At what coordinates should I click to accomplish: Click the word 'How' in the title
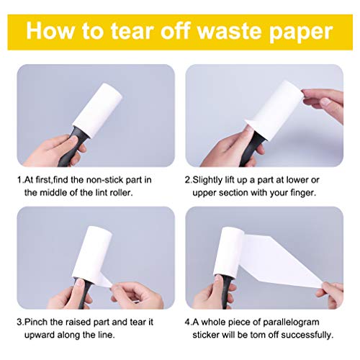(x=54, y=32)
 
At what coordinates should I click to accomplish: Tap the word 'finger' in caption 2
(x=309, y=194)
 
